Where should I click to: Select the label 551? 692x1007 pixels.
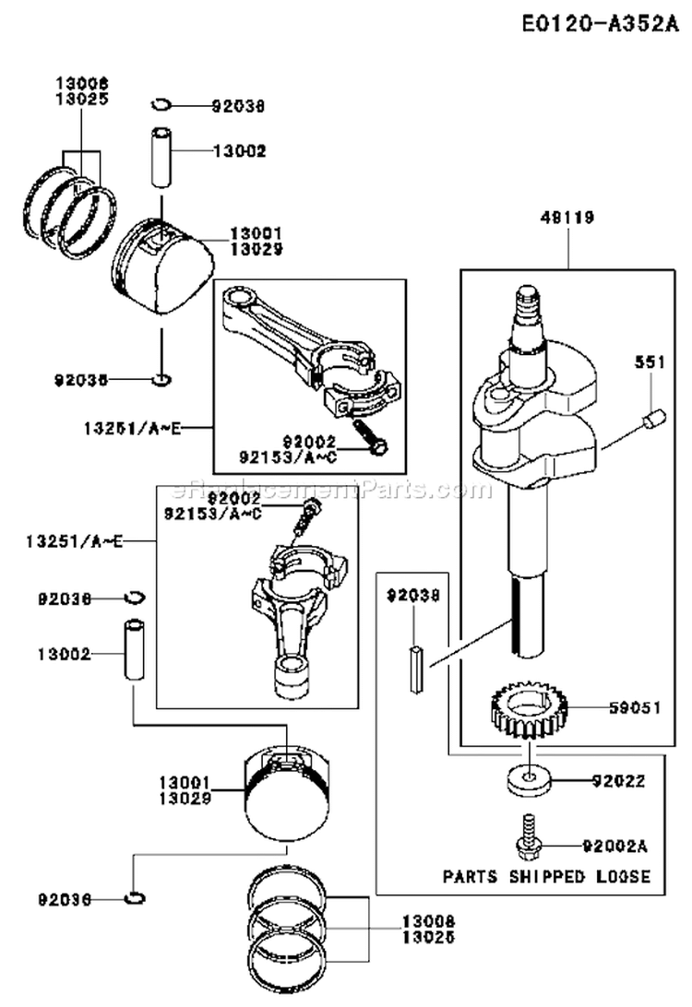pyautogui.click(x=649, y=364)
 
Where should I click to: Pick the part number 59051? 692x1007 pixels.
pyautogui.click(x=634, y=708)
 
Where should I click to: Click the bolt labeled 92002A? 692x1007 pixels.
pyautogui.click(x=528, y=835)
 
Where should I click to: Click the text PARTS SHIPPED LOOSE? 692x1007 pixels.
pyautogui.click(x=546, y=876)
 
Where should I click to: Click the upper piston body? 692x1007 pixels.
pyautogui.click(x=169, y=265)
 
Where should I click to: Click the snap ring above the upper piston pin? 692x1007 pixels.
pyautogui.click(x=161, y=103)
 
